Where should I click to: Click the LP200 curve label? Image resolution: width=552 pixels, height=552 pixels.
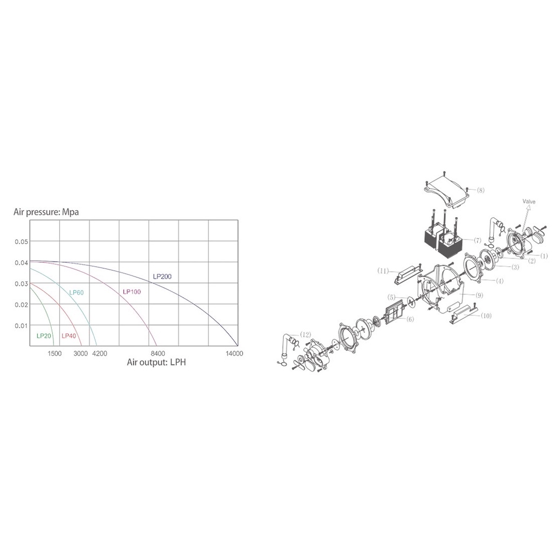point(162,277)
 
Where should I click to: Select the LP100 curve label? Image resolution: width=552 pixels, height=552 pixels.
point(132,292)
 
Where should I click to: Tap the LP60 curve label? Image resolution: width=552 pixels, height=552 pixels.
point(77,293)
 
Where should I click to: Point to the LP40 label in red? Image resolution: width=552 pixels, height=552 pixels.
point(68,336)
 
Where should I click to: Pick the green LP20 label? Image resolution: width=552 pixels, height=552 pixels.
point(44,336)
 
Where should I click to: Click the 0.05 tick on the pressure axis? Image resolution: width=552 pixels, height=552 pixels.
point(21,242)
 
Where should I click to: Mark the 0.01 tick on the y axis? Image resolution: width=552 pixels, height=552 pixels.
point(21,326)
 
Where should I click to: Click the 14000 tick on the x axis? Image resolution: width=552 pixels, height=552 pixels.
point(234,354)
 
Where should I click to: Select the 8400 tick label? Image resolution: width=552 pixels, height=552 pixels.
point(158,354)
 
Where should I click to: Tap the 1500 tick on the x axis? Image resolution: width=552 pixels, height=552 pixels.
point(54,354)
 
